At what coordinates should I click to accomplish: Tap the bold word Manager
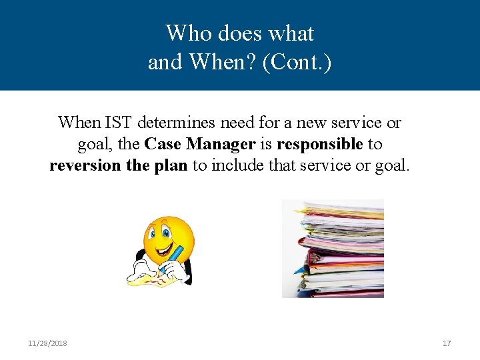click(x=221, y=144)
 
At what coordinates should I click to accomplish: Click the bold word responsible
click(x=320, y=144)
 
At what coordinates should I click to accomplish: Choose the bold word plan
click(x=172, y=165)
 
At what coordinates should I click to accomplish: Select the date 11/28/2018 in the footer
click(x=47, y=343)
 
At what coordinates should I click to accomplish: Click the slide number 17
click(x=447, y=343)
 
